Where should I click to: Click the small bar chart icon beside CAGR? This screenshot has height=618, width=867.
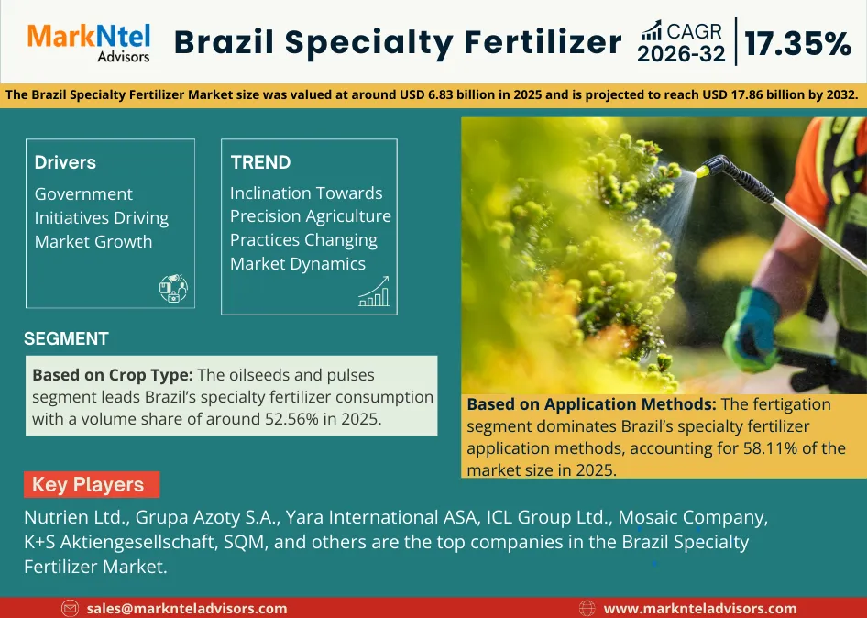coord(652,30)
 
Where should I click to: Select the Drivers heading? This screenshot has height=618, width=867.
coord(65,162)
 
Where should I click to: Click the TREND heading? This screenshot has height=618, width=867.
coord(260,162)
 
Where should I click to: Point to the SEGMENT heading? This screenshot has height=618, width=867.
coord(66,338)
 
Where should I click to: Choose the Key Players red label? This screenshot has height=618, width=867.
coord(88,485)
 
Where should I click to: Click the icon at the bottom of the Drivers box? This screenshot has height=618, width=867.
coord(173,289)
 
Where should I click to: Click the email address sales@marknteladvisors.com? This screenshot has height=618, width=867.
coord(187,608)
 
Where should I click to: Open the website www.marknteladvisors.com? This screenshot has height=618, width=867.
coord(700,608)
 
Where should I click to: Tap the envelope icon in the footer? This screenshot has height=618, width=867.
coord(71,608)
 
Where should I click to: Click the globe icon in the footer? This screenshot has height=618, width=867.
coord(588,608)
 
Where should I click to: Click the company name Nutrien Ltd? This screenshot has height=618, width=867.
coord(77,517)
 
